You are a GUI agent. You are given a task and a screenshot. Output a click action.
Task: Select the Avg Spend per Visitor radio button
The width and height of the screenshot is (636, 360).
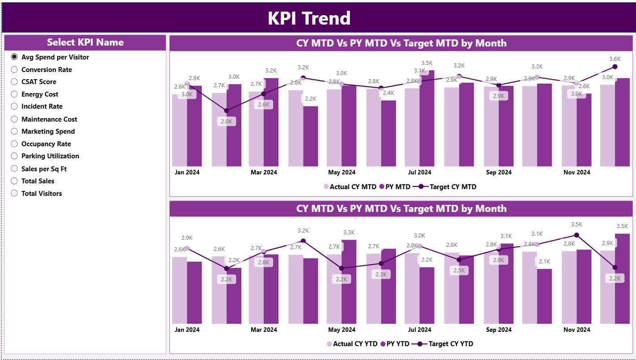coord(14,57)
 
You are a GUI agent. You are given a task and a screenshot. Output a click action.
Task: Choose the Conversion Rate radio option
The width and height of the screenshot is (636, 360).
coord(14,70)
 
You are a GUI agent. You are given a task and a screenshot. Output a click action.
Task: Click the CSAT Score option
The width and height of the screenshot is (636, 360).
coord(14,82)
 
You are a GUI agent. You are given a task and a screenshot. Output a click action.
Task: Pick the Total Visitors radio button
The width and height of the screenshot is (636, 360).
coord(14,194)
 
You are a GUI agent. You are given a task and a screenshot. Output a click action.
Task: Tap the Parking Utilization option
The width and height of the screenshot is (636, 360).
coord(14,156)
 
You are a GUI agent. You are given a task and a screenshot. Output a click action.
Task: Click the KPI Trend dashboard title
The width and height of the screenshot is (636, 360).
coord(309,18)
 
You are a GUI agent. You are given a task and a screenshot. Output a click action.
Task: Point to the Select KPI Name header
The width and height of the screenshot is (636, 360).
coord(85,42)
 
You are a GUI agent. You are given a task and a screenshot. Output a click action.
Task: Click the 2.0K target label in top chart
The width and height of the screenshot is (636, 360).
coord(226,122)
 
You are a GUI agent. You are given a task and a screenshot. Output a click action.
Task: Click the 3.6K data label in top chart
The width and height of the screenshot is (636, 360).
coord(615,59)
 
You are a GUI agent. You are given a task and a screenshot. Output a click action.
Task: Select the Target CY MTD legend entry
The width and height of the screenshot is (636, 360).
coord(452,187)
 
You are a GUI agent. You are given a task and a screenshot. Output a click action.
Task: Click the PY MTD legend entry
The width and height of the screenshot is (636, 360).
coord(397,187)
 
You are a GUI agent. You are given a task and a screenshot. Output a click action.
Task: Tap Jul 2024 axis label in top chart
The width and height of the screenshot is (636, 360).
coord(419,172)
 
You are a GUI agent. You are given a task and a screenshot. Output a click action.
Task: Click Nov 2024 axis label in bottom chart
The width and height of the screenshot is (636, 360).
coord(577,330)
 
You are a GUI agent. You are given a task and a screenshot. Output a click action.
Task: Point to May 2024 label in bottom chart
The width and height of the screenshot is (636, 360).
coord(342,330)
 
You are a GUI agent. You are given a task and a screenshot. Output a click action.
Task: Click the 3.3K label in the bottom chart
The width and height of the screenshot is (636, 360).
coord(349,233)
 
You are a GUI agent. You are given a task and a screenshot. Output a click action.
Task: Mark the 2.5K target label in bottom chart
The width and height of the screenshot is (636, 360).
coord(459,270)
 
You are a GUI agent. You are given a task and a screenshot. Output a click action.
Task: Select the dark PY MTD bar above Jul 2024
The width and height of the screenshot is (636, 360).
coord(427,119)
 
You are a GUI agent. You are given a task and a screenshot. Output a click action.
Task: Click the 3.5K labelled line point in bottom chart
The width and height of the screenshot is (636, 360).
coord(577,235)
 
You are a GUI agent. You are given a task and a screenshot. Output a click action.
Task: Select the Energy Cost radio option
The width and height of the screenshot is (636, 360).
coord(14,94)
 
